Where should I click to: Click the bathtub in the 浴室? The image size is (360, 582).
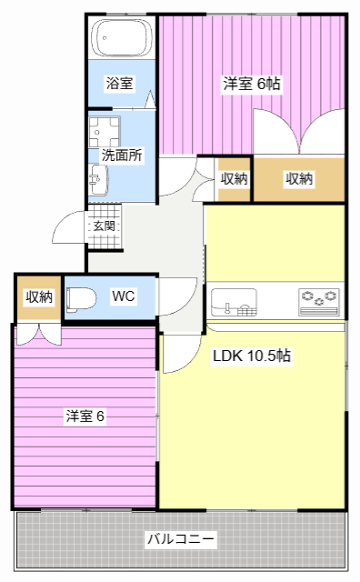122,40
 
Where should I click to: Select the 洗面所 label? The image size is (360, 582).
121,155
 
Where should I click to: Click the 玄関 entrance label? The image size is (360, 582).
103,226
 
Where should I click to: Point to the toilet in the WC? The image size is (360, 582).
82,297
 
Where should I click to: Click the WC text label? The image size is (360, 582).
124,296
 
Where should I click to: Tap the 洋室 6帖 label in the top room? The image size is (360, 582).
252,84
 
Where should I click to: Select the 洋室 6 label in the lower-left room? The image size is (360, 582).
85,416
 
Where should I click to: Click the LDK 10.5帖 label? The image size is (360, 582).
252,356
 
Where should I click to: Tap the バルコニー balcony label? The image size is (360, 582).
182,539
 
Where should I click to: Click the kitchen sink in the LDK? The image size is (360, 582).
234,301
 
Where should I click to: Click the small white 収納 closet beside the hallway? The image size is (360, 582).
234,179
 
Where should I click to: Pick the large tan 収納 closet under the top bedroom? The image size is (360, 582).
299,179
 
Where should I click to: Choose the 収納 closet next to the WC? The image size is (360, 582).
38,296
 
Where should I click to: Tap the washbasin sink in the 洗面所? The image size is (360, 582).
97,181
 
